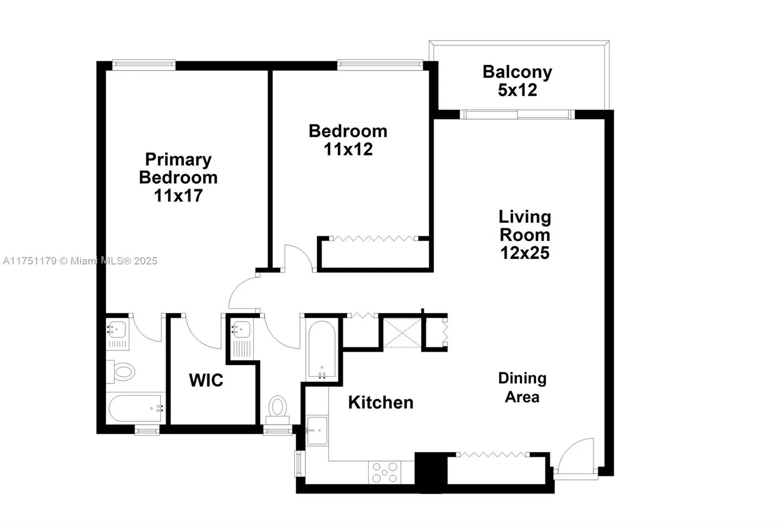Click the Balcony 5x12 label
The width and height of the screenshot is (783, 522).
[x=517, y=81]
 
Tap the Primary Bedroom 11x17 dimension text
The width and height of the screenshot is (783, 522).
[x=178, y=195]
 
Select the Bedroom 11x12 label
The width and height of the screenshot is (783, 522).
[x=348, y=140]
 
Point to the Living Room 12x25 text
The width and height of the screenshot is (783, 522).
[x=525, y=235]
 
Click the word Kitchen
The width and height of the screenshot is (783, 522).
[x=381, y=403]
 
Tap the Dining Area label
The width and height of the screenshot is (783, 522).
[x=522, y=387]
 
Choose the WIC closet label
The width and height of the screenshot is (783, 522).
[x=206, y=380]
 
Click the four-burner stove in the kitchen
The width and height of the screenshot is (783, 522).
[x=385, y=473]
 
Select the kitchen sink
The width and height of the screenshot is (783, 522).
[x=317, y=430]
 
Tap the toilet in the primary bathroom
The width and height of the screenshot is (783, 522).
[x=121, y=372]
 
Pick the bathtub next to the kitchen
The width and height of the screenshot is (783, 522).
[x=322, y=349]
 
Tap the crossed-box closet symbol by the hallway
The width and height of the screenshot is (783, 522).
[x=401, y=333]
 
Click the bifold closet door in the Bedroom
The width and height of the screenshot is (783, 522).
[x=373, y=238]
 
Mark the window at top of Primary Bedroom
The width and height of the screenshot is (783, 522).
[x=144, y=65]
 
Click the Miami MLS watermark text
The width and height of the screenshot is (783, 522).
[x=80, y=261]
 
